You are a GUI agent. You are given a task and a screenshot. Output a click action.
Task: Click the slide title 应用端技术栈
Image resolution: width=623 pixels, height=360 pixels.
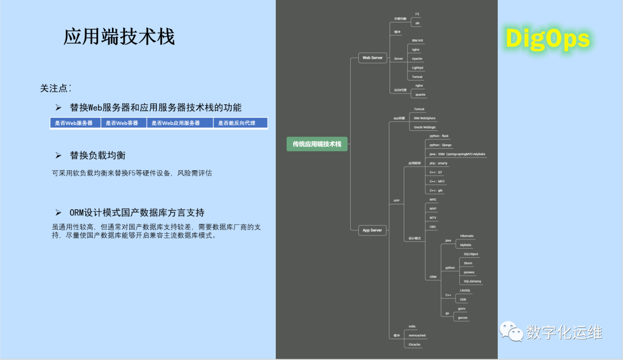click(x=119, y=37)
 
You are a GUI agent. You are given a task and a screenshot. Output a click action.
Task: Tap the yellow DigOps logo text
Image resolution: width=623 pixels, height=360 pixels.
click(x=547, y=39)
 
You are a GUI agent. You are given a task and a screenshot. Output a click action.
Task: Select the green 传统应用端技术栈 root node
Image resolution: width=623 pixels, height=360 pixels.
click(x=317, y=144)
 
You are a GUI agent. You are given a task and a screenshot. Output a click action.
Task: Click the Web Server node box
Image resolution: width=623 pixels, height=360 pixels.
click(x=372, y=58)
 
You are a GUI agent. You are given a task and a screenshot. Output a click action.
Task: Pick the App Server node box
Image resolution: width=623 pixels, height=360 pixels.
click(x=372, y=230)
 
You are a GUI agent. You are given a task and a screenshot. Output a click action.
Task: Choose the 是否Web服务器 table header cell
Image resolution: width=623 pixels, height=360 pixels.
click(x=74, y=123)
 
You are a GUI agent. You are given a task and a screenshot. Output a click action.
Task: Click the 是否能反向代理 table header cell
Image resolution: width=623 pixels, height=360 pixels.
click(x=240, y=123)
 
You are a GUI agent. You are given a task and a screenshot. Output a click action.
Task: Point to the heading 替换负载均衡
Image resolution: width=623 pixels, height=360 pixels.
click(x=98, y=156)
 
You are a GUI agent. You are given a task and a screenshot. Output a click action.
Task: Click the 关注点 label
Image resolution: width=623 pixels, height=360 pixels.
click(x=55, y=88)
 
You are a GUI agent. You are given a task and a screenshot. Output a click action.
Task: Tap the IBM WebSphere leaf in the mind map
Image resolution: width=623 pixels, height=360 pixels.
click(x=425, y=118)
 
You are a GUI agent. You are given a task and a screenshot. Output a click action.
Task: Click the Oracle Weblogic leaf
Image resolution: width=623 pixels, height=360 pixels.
click(x=425, y=127)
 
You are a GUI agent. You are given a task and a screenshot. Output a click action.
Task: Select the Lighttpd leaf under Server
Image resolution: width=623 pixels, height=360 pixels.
click(x=418, y=67)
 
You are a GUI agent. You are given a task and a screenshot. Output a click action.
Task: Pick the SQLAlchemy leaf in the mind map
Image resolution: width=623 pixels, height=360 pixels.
click(x=472, y=281)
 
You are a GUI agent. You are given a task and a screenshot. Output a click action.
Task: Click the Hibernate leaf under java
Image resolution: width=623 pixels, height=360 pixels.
click(x=467, y=236)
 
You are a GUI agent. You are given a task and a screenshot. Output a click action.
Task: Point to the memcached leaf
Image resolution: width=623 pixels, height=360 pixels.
click(x=417, y=335)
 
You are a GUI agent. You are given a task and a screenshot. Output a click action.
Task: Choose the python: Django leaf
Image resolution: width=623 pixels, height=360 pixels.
click(x=441, y=145)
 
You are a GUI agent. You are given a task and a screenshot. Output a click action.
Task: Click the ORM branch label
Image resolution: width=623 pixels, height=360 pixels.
click(x=433, y=277)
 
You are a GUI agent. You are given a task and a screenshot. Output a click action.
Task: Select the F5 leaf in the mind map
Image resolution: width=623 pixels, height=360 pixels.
click(x=417, y=14)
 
